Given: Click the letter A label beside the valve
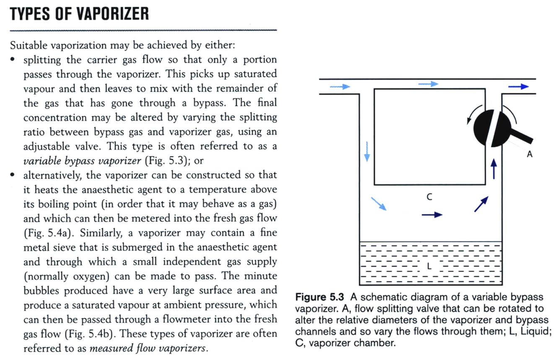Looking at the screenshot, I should tap(529, 154).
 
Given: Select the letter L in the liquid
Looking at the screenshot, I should tap(429, 266).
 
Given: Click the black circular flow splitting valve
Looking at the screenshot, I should tap(490, 124).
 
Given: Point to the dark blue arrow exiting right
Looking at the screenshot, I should tap(518, 87).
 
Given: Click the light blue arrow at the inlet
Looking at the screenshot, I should tap(339, 87).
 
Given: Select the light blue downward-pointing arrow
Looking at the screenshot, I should tap(367, 151).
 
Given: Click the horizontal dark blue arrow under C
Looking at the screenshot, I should tap(432, 215).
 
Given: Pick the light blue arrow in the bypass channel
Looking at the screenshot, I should tap(428, 84).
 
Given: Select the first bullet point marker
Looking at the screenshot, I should tap(13, 59).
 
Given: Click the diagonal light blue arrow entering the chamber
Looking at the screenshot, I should tap(379, 204).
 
